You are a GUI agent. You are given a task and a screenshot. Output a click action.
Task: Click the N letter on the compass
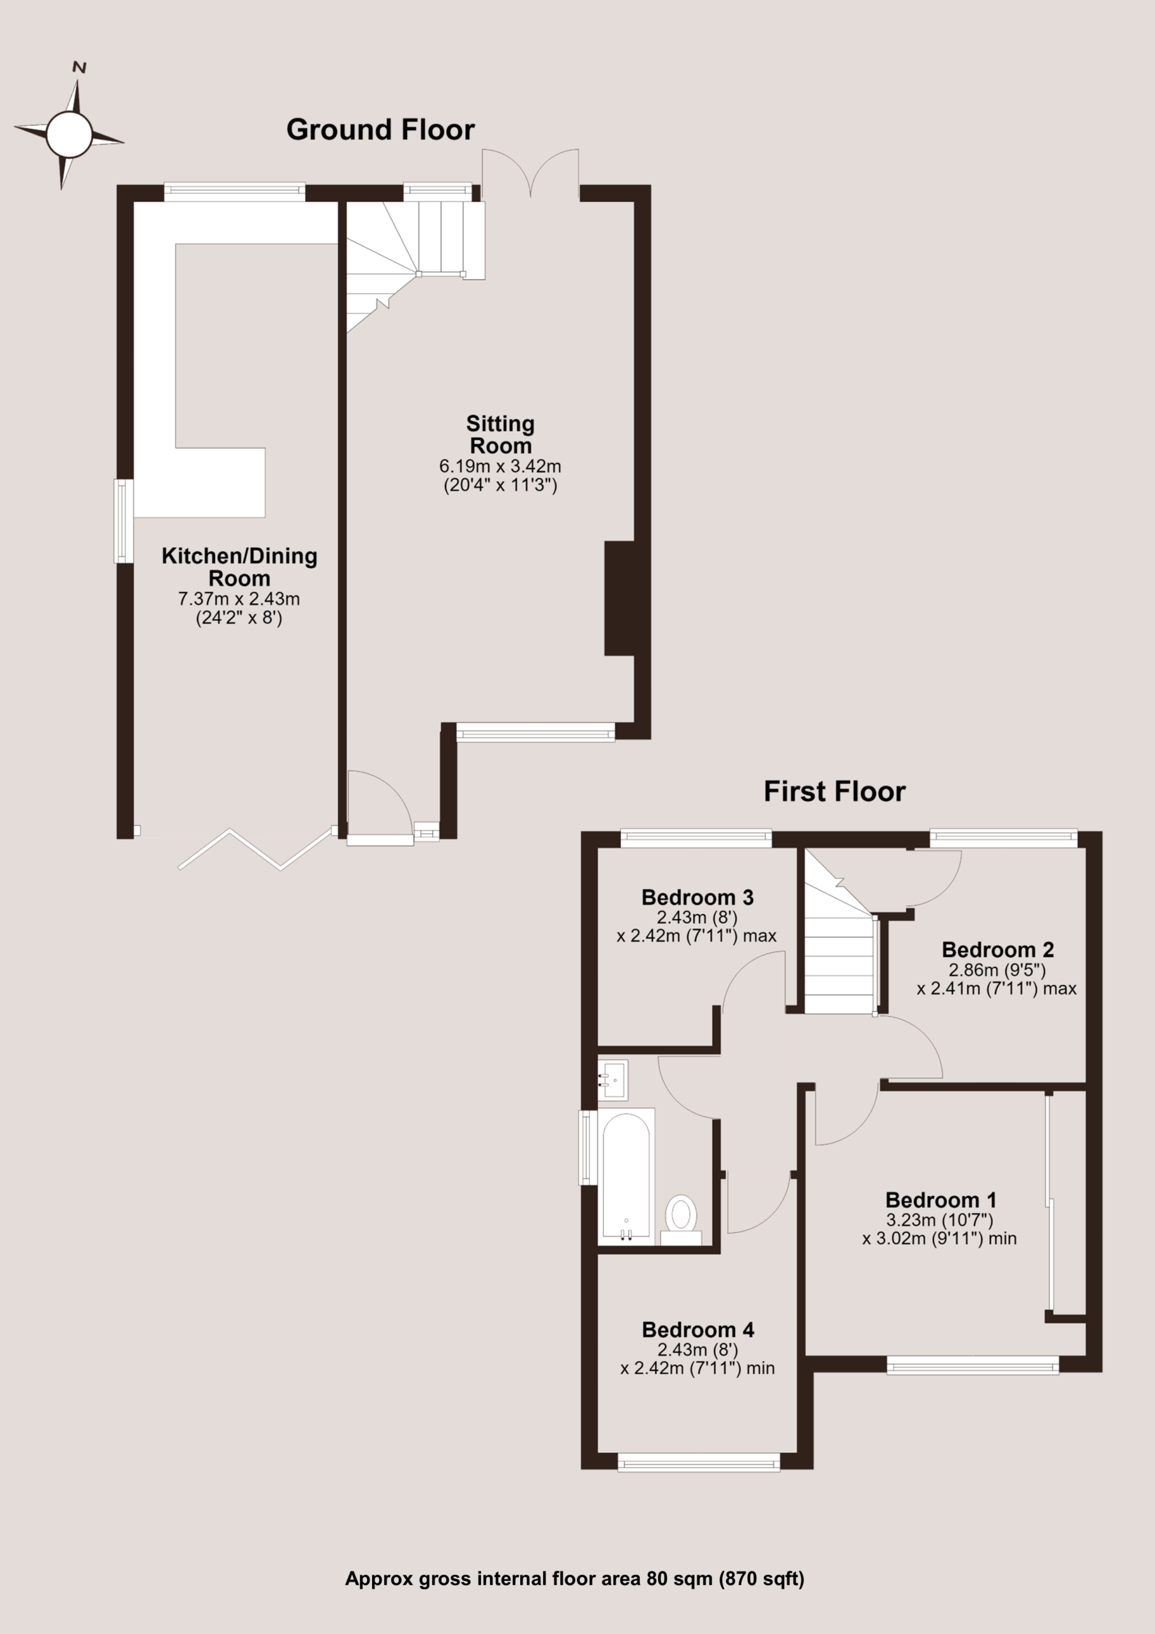click(80, 68)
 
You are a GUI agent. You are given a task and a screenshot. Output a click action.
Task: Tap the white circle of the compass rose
click(70, 134)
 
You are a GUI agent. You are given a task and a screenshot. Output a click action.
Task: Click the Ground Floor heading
click(380, 130)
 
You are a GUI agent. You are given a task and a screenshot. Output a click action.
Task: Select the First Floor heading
click(834, 791)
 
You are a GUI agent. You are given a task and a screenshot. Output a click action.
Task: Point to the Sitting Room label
click(500, 435)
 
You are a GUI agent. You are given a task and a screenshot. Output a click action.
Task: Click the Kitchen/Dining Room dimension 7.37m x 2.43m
click(239, 599)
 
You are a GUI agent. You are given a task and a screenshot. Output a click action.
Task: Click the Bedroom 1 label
click(941, 1201)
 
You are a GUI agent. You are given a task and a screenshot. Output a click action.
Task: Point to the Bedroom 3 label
click(697, 897)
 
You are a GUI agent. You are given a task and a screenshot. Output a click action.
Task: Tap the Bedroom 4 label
click(698, 1330)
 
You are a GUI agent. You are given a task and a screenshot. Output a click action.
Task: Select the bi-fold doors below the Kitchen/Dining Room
click(255, 849)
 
